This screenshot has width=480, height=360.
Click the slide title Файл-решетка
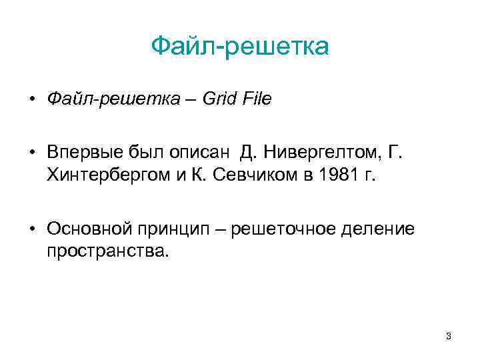[x=240, y=47]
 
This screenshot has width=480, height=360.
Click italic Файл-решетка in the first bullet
[x=113, y=99]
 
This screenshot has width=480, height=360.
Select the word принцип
[x=173, y=230]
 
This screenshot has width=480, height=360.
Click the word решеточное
[x=289, y=229]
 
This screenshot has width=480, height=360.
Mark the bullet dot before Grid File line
[x=32, y=100]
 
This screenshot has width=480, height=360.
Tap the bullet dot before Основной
[x=32, y=230]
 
